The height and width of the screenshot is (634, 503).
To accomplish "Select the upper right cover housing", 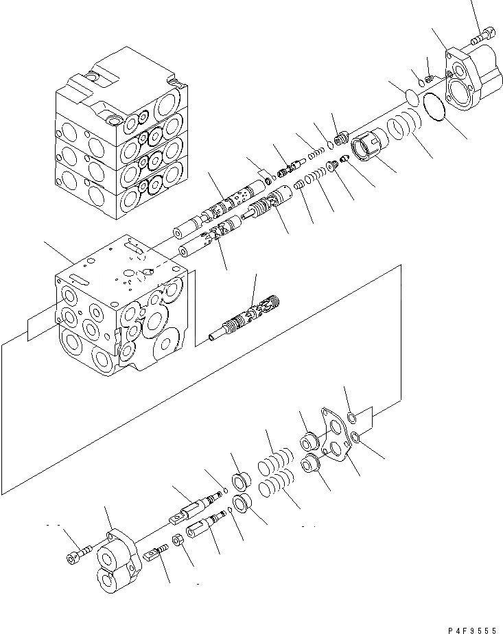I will coord(473,75).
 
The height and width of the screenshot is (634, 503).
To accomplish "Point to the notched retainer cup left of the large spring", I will coord(368,146).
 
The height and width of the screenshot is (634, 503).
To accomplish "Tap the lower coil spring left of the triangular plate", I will coord(274,489).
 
